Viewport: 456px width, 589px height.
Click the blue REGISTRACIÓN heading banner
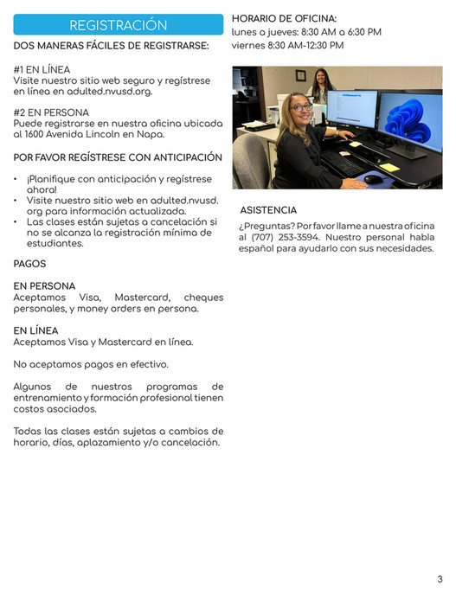[x=119, y=25]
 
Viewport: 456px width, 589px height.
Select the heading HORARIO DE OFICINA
[x=284, y=18]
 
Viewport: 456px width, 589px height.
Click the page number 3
[x=440, y=579]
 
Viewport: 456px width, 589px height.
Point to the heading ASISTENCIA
[x=268, y=210]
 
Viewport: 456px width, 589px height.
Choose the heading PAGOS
[x=30, y=264]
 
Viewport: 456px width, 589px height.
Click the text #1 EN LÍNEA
[x=42, y=69]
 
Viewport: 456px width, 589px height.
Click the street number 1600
[x=35, y=135]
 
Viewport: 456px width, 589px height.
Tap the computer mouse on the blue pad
[x=373, y=178]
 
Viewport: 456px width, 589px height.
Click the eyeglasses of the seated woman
[x=301, y=108]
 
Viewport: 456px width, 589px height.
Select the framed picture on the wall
[x=300, y=75]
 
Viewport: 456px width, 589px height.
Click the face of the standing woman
[x=321, y=80]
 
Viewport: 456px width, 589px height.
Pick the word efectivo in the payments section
[x=147, y=364]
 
